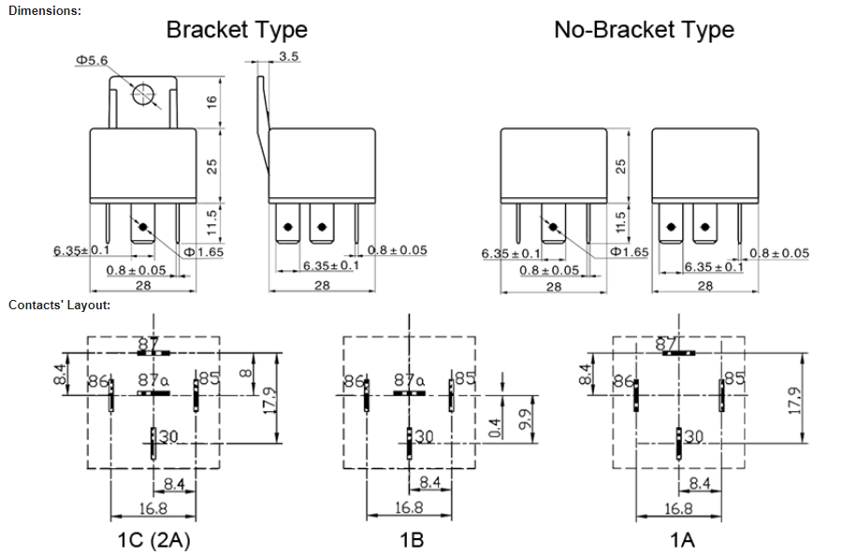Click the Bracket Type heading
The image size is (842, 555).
click(237, 30)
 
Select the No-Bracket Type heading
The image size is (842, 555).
click(644, 30)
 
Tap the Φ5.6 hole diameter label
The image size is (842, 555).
click(92, 60)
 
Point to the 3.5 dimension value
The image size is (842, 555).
click(288, 56)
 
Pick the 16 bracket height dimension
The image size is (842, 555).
click(211, 101)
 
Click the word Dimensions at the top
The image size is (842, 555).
click(45, 10)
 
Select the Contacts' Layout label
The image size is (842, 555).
click(59, 306)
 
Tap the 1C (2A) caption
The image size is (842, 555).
click(154, 539)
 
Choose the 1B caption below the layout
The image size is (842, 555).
click(412, 539)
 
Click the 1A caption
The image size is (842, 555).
click(682, 539)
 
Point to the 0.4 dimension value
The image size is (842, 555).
click(496, 427)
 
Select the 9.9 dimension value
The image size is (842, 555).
click(526, 419)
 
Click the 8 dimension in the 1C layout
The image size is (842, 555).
click(245, 373)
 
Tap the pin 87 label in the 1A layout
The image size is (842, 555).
click(667, 344)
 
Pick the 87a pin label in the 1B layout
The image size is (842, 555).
click(409, 380)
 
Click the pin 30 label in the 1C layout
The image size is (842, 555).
click(168, 436)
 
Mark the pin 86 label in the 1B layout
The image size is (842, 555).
click(355, 381)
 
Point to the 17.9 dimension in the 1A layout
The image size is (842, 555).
click(795, 400)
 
